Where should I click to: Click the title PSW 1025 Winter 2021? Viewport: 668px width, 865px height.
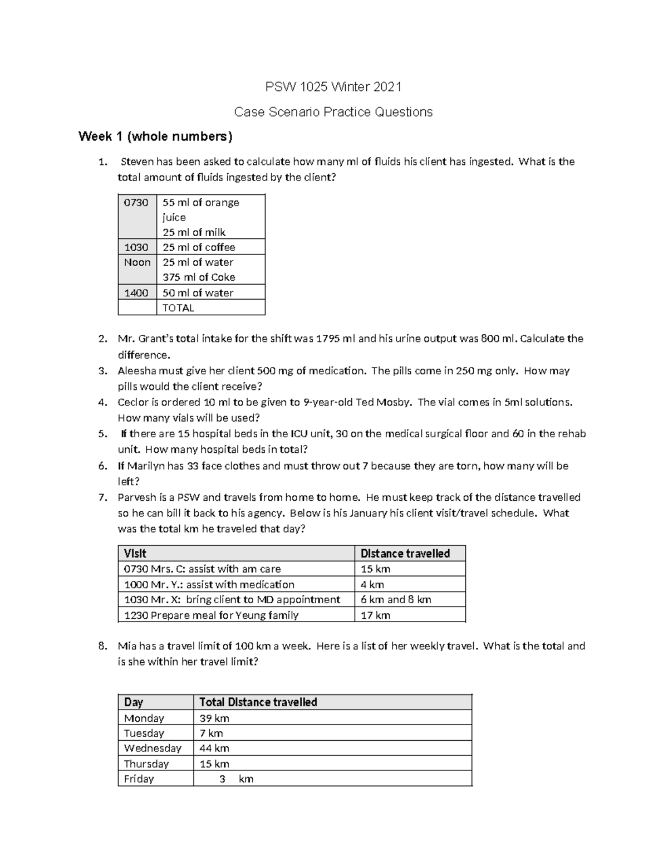click(333, 87)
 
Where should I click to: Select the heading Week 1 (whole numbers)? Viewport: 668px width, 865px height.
click(155, 136)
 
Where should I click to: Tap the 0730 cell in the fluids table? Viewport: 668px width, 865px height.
click(136, 203)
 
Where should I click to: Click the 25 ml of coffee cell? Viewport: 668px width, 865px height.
click(199, 247)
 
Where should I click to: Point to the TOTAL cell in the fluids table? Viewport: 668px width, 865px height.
click(178, 308)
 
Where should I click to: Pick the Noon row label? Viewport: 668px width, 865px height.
click(137, 262)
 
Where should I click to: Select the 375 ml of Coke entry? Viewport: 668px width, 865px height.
click(199, 277)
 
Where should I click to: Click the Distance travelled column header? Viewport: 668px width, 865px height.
click(405, 554)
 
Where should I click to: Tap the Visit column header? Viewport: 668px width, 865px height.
click(135, 554)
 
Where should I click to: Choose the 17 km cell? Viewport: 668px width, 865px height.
click(375, 615)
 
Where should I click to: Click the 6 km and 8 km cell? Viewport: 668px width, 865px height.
click(396, 600)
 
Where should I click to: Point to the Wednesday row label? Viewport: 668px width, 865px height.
click(153, 748)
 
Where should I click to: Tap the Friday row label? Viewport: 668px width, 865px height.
click(139, 779)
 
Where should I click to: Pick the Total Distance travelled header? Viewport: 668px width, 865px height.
click(258, 702)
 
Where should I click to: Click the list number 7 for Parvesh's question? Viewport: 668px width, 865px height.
click(102, 497)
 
